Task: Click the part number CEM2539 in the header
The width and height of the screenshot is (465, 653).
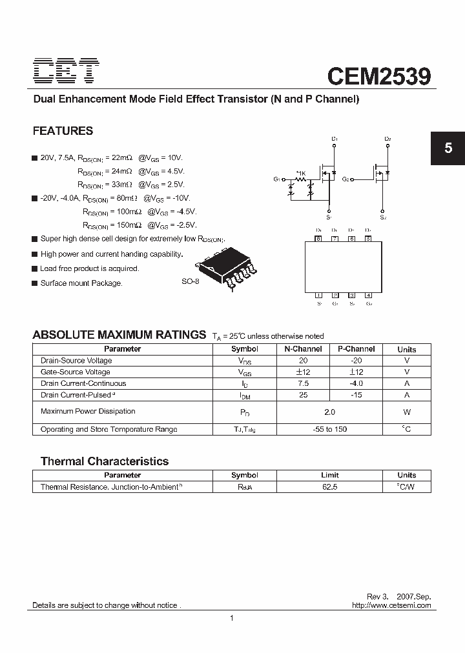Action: tap(378, 75)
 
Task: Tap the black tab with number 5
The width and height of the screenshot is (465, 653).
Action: tap(448, 148)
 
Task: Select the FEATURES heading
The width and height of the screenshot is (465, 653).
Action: tap(63, 130)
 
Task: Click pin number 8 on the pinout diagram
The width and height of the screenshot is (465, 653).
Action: tap(318, 239)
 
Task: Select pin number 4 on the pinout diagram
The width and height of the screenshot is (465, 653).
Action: tap(368, 296)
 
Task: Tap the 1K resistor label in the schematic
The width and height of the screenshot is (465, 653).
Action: tap(300, 173)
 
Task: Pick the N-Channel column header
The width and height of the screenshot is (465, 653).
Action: tap(303, 349)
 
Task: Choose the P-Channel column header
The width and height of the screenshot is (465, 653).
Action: tap(356, 349)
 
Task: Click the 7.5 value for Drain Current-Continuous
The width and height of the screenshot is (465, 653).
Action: tap(303, 383)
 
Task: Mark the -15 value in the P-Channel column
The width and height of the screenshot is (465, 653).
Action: tap(356, 395)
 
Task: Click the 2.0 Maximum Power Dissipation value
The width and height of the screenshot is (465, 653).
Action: tap(329, 411)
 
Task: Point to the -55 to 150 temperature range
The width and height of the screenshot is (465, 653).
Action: tap(329, 429)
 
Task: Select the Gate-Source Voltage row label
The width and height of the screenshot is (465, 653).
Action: tap(75, 372)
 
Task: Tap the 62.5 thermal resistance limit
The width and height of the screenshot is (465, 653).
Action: tap(329, 487)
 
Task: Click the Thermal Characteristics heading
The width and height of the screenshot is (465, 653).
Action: tap(105, 461)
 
